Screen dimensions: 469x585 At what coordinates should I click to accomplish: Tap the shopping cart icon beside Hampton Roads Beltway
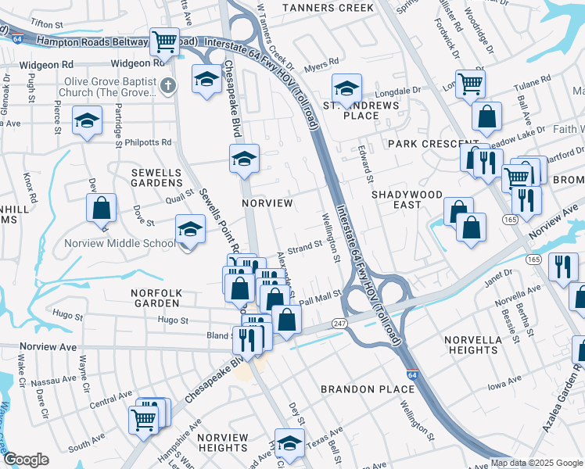163,41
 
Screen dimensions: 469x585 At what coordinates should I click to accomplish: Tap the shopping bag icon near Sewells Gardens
102,208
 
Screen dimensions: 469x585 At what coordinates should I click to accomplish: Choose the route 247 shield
339,322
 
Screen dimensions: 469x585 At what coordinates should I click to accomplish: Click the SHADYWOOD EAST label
407,199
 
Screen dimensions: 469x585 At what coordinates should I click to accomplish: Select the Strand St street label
305,247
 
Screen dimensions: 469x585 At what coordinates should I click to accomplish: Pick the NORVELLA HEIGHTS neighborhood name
471,345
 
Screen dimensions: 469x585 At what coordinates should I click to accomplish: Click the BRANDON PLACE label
368,388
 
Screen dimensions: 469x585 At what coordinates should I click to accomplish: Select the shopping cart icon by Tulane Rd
469,82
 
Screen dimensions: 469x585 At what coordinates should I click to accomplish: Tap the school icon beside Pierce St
88,120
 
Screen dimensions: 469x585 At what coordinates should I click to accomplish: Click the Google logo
26,460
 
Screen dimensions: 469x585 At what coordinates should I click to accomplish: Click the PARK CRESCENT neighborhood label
422,145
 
